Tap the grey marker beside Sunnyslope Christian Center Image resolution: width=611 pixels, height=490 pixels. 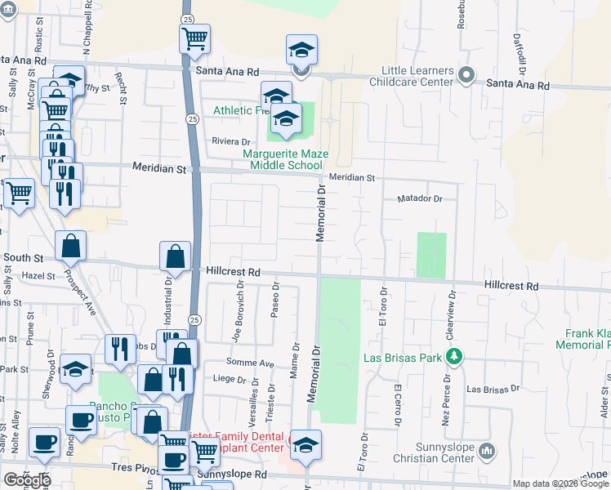coord(487,451)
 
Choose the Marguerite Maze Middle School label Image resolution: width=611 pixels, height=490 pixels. coord(283,158)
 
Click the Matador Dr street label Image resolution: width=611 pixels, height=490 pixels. coord(419,198)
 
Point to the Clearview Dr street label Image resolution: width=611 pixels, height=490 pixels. coord(449,310)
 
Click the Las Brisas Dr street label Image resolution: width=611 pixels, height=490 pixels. coord(488,389)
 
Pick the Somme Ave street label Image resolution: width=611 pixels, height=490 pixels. coord(255,363)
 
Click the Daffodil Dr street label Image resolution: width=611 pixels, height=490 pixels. coord(518,53)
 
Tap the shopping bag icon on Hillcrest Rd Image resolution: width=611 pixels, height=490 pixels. coord(175,256)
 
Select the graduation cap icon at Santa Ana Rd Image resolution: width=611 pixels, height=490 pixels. coord(301,51)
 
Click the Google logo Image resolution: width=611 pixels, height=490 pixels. coord(27,480)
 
